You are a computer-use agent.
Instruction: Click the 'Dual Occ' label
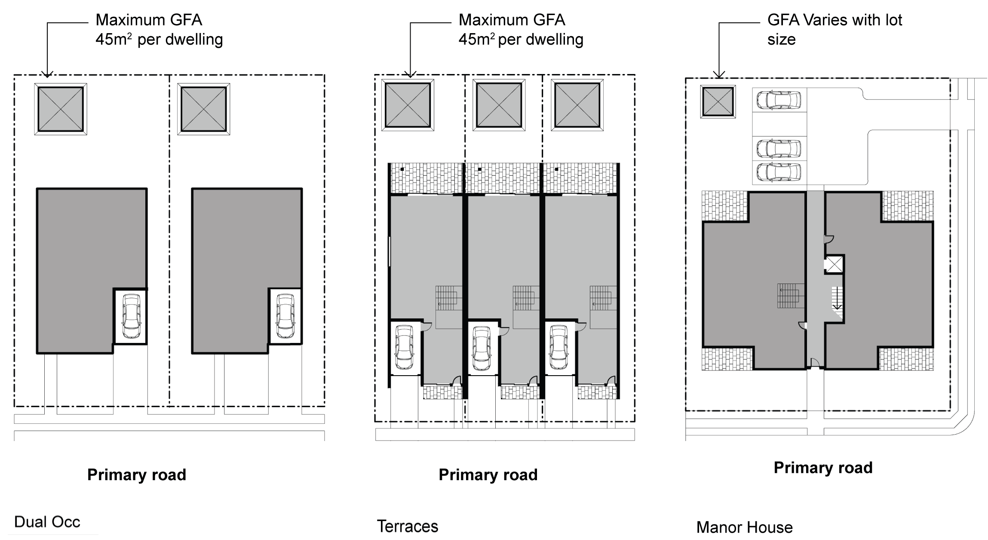pos(47,522)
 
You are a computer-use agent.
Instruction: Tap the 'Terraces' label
pos(408,526)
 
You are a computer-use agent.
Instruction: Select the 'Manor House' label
pos(744,527)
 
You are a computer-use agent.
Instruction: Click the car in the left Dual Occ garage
pos(131,316)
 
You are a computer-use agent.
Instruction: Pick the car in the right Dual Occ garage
pos(285,316)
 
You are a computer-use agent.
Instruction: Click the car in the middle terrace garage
pos(481,348)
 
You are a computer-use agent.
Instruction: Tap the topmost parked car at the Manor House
pos(779,100)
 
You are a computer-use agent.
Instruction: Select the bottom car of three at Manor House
pos(779,172)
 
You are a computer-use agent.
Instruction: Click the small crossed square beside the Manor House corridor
pos(835,264)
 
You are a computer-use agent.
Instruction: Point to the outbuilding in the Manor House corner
pos(718,102)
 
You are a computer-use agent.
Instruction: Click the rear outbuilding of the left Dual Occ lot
pos(60,109)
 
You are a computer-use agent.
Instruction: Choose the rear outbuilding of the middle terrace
pos(499,105)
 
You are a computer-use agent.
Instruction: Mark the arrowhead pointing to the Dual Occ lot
pos(47,74)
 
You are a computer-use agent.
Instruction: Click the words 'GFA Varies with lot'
pos(835,20)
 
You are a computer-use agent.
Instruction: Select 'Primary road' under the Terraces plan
pos(488,475)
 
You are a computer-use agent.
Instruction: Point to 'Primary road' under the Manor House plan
pos(823,468)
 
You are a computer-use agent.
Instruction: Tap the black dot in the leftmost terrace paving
pos(402,170)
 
